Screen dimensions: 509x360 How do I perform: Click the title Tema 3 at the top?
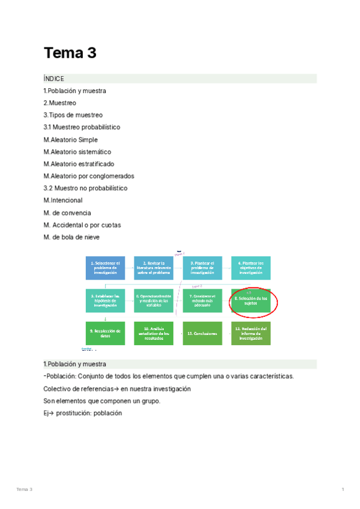click(x=70, y=53)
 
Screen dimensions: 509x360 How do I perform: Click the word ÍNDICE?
click(x=53, y=79)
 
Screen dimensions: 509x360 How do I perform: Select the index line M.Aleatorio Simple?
click(x=70, y=140)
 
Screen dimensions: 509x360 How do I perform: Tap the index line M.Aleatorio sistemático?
click(x=77, y=152)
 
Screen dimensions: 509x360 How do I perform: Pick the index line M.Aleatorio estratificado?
click(x=79, y=164)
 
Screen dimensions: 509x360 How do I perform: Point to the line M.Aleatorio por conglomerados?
click(x=89, y=176)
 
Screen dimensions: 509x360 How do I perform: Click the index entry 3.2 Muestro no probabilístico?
click(x=85, y=188)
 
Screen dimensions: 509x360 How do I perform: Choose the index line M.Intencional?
click(x=63, y=200)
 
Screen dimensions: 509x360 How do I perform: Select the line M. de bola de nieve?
click(x=71, y=237)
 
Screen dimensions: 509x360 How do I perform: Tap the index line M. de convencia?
click(x=67, y=212)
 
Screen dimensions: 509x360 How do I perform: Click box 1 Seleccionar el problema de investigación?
click(x=106, y=268)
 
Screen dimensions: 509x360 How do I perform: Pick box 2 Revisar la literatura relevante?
click(x=154, y=268)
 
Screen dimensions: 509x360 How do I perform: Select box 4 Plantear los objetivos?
click(x=251, y=268)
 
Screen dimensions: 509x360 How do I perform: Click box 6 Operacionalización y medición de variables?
click(x=154, y=301)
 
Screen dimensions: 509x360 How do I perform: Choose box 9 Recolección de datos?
click(x=106, y=333)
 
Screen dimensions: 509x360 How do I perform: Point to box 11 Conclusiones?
click(x=202, y=333)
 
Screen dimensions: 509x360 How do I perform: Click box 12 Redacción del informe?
click(x=251, y=333)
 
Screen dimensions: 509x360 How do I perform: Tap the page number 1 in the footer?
click(x=343, y=490)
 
